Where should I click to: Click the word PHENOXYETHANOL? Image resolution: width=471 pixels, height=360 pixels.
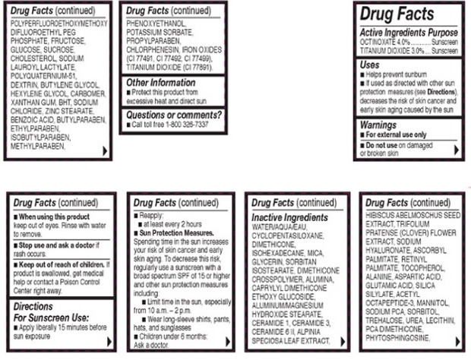tap(154, 25)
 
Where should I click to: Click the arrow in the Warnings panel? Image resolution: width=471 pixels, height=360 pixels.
tap(456, 150)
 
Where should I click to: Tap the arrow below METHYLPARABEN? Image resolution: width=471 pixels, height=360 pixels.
tap(105, 150)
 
